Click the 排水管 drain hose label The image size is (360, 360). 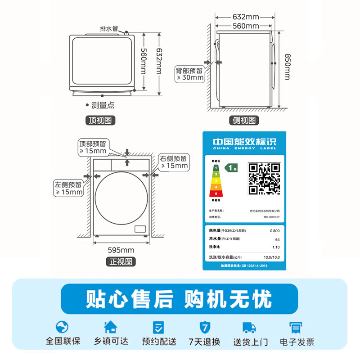[x=108, y=28]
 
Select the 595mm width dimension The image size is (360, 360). [x=121, y=250]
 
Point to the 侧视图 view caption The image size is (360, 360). [x=244, y=120]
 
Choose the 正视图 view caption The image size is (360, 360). [x=121, y=261]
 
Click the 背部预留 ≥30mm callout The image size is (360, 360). [x=189, y=74]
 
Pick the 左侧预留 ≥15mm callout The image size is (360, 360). [x=69, y=188]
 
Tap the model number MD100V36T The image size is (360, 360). [x=271, y=217]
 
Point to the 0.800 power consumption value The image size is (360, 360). [x=274, y=230]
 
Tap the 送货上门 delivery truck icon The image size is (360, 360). [x=249, y=327]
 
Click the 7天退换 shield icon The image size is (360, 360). [x=204, y=327]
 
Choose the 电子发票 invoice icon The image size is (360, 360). [x=296, y=327]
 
